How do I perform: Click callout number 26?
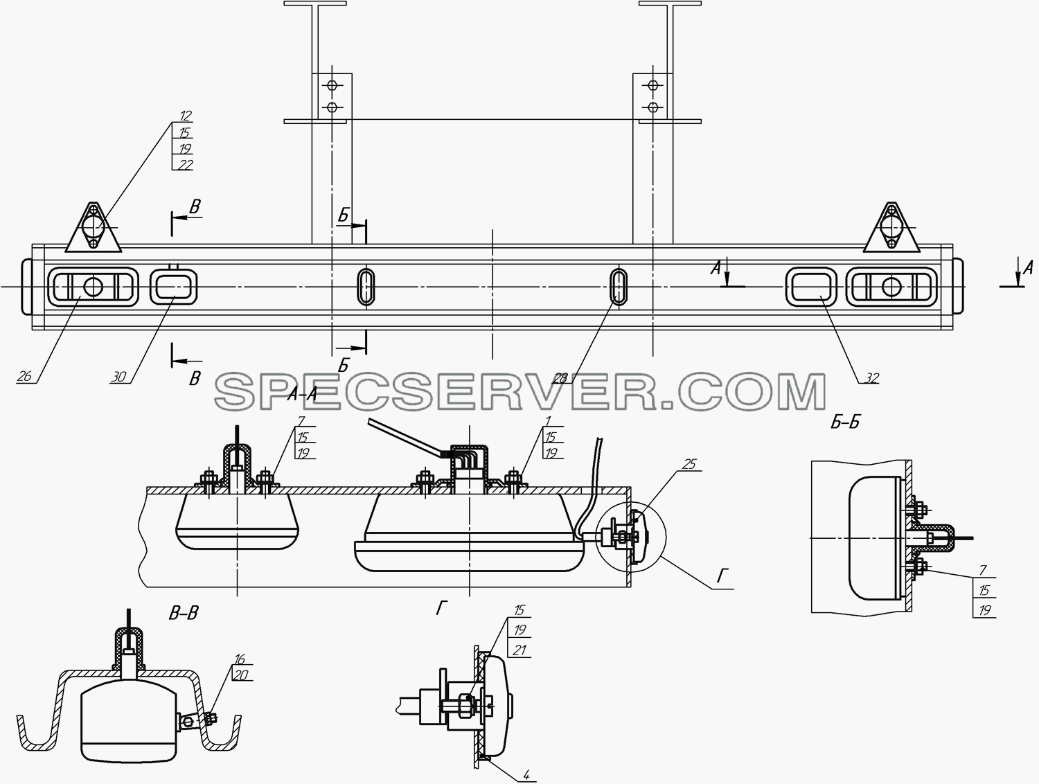pos(24,376)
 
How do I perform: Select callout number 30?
pos(119,377)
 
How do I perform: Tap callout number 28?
pos(560,377)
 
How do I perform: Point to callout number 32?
pos(871,377)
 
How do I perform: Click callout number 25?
pos(689,464)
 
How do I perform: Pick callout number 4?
pos(526,774)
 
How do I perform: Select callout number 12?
pos(185,116)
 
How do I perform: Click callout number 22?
pos(185,164)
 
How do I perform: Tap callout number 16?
pos(240,659)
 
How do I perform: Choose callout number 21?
pos(519,650)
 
